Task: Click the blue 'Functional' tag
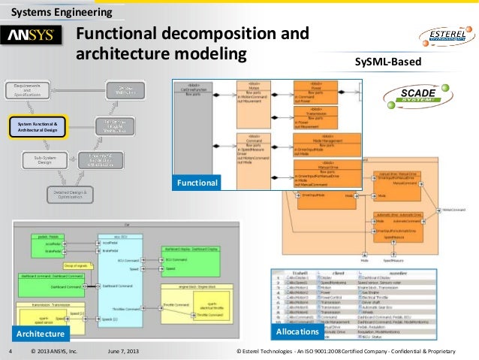coord(197,183)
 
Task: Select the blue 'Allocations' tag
coord(297,331)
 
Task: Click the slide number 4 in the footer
coord(10,351)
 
